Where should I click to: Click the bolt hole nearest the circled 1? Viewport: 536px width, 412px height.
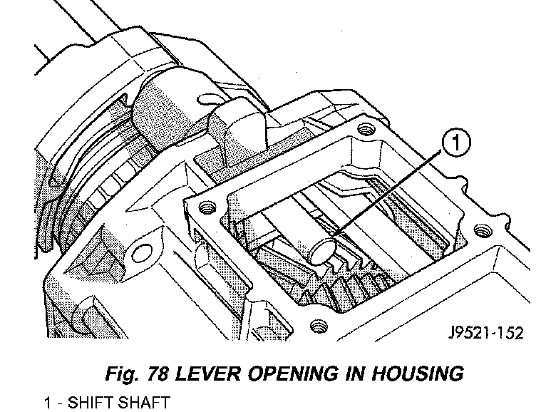pyautogui.click(x=367, y=130)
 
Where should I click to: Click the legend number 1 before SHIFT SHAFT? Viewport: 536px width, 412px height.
pyautogui.click(x=48, y=402)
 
